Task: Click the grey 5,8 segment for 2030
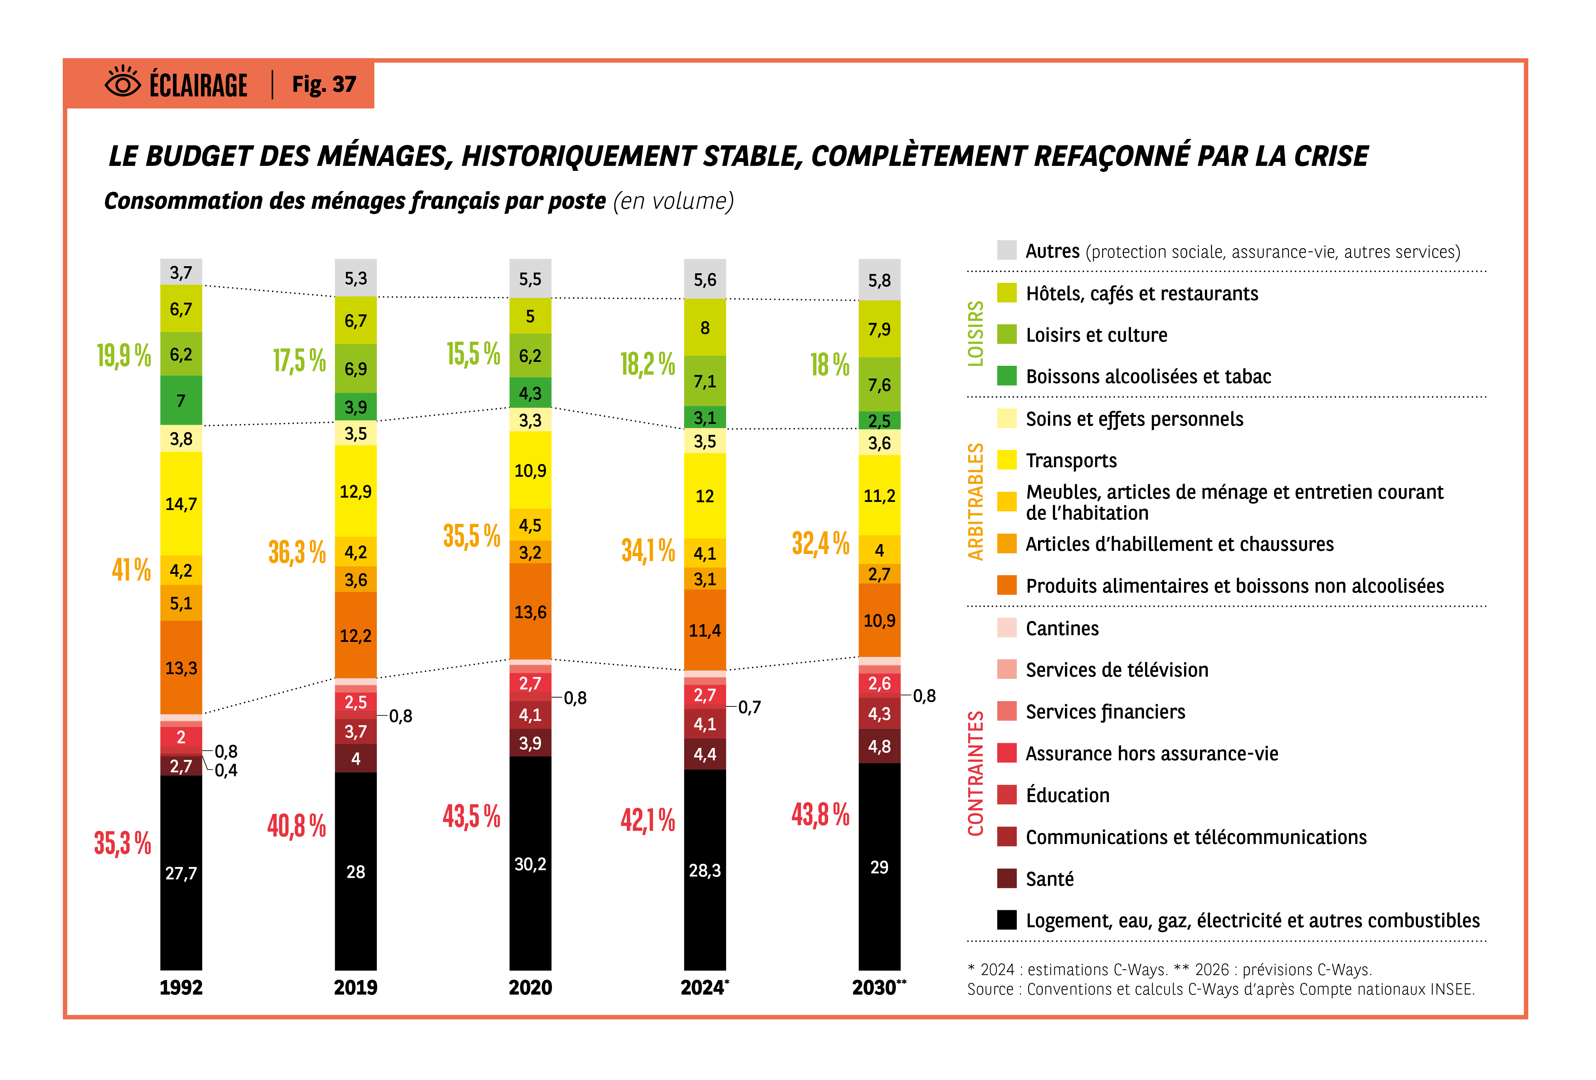click(879, 280)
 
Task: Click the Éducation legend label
click(1067, 795)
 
